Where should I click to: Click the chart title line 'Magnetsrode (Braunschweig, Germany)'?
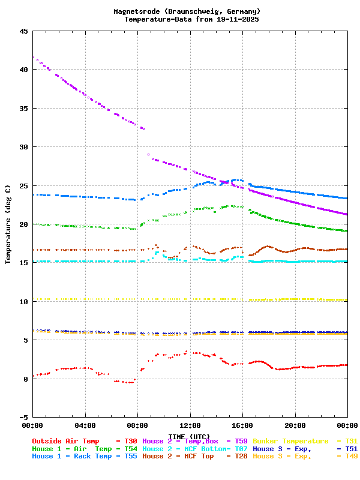click(x=187, y=11)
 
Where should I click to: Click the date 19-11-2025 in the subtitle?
click(x=236, y=19)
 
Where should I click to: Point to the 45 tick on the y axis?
click(x=23, y=31)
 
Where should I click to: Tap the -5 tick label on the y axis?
click(x=23, y=417)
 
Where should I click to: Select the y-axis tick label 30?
click(x=23, y=147)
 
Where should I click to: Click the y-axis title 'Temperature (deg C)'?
click(x=8, y=224)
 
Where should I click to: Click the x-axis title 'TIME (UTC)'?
click(x=189, y=436)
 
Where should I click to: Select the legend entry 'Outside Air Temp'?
click(x=65, y=441)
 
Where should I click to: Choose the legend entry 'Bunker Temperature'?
click(x=290, y=441)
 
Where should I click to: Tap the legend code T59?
click(x=241, y=441)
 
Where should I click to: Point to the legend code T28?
click(x=241, y=457)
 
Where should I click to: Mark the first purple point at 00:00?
click(x=33, y=57)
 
